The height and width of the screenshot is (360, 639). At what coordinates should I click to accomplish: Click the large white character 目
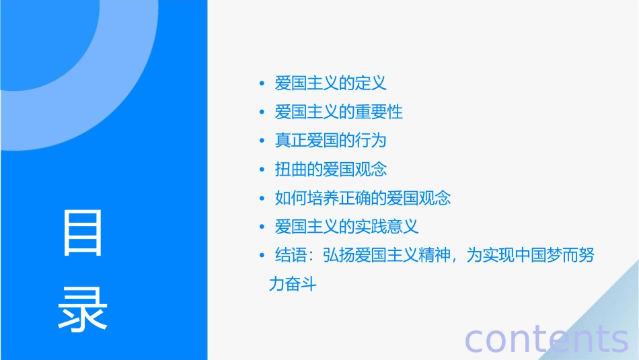[x=83, y=233]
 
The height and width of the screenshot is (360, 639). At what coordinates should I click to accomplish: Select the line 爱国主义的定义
[x=331, y=83]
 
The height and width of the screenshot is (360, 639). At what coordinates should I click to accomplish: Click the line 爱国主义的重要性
[x=339, y=112]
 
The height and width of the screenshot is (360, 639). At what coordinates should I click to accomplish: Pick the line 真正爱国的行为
[x=331, y=141]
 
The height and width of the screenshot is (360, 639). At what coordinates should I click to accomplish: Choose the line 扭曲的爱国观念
[x=331, y=170]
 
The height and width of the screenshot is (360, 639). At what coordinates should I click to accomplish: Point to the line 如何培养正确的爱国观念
[x=363, y=198]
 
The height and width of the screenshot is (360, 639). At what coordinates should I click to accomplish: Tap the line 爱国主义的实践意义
[x=347, y=227]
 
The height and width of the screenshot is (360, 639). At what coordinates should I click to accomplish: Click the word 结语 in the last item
[x=291, y=256]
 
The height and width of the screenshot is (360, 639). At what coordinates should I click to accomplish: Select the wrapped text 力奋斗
[x=292, y=285]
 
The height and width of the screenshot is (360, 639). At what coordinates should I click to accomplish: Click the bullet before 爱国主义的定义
[x=262, y=84]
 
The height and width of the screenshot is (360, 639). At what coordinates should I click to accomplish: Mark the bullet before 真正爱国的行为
[x=262, y=141]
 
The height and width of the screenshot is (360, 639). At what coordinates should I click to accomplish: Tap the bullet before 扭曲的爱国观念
[x=262, y=170]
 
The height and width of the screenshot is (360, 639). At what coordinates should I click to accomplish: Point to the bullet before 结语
[x=262, y=256]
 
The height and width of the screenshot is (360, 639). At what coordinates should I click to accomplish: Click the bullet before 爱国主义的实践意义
[x=262, y=227]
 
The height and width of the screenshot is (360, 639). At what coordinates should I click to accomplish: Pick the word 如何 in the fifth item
[x=291, y=198]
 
